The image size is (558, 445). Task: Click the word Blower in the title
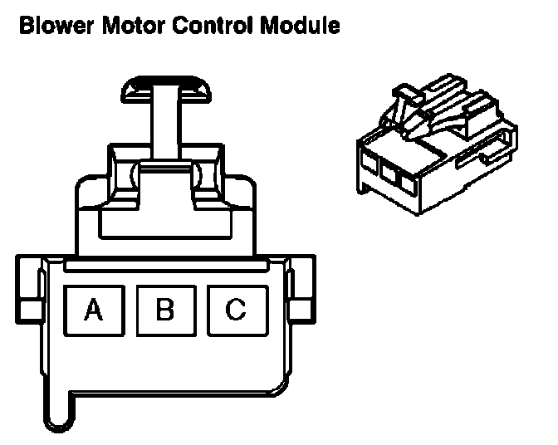54,26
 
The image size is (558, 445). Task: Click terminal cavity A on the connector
93,311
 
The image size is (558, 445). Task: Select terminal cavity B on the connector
164,311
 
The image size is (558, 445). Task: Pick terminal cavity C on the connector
236,311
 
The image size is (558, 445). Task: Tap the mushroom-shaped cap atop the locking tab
166,89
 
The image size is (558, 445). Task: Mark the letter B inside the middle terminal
164,311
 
